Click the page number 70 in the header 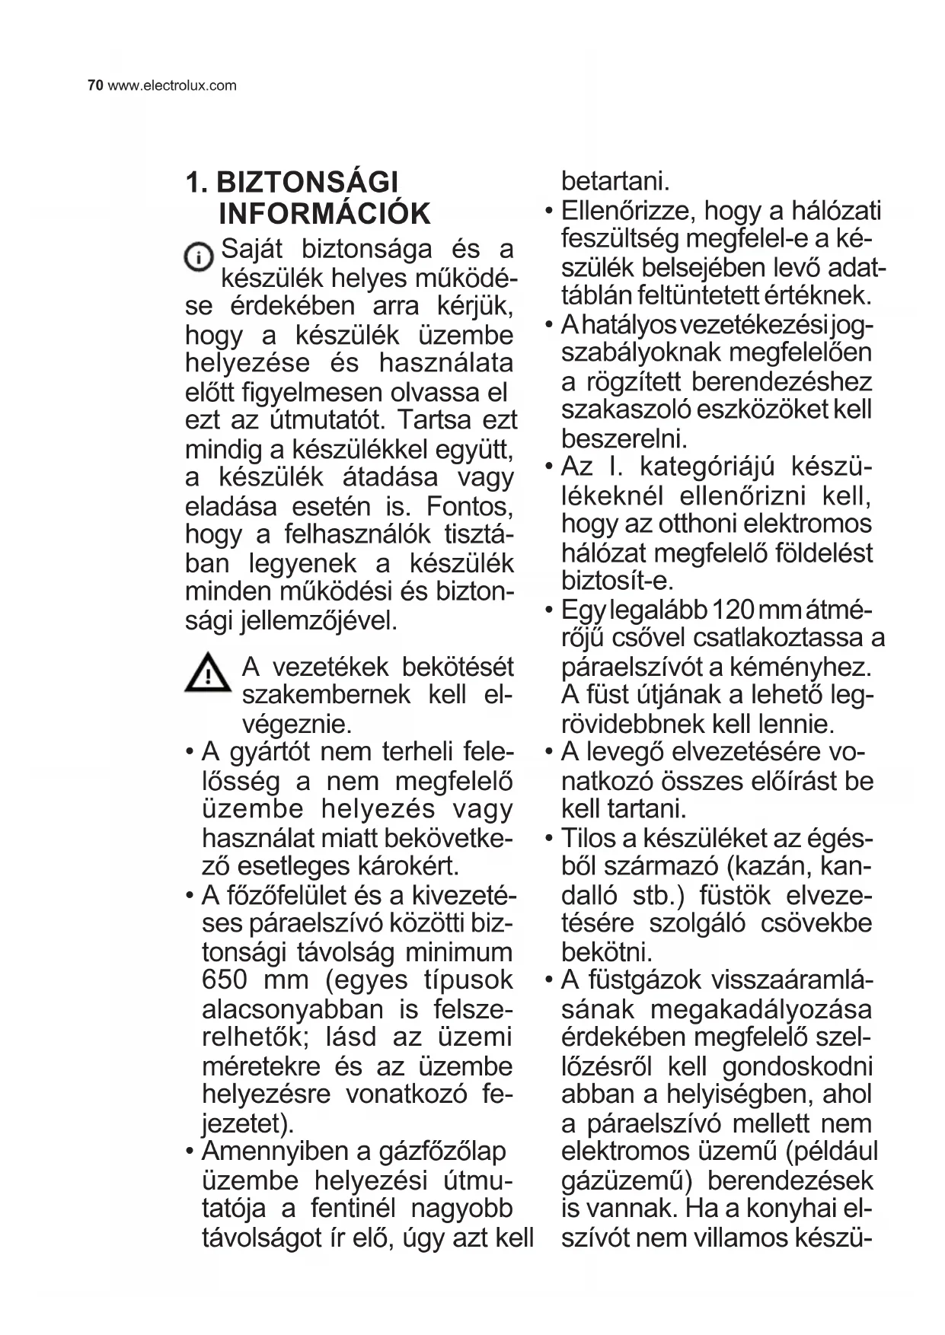[x=95, y=85]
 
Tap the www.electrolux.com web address [x=172, y=85]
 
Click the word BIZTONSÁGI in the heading [x=308, y=183]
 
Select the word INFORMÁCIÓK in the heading [x=324, y=214]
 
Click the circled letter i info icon [x=200, y=256]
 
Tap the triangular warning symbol [x=207, y=674]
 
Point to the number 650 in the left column [x=225, y=980]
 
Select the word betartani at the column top [x=615, y=182]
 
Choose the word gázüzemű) [x=626, y=1180]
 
